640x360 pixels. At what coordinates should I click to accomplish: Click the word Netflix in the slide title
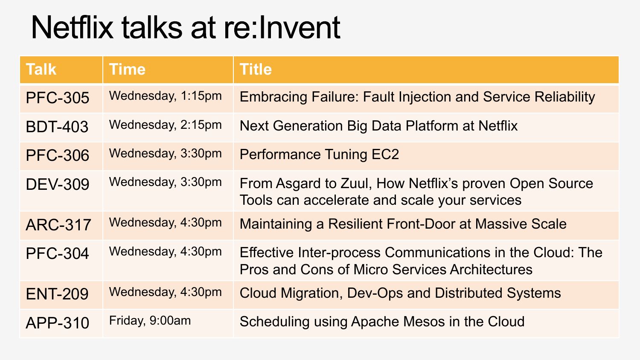point(72,27)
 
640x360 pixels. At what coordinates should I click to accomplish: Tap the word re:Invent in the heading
point(282,27)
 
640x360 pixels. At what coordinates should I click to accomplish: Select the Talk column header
point(41,69)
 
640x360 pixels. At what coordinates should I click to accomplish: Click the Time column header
point(127,69)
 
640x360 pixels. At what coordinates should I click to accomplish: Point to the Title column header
point(256,69)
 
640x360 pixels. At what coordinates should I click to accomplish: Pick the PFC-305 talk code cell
point(58,98)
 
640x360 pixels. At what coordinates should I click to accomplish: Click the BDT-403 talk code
point(57,127)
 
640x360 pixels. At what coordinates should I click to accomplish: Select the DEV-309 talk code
point(58,184)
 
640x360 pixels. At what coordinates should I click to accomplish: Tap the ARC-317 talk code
point(58,224)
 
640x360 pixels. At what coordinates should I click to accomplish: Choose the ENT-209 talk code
point(57,294)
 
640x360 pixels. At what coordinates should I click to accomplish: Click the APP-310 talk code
point(58,323)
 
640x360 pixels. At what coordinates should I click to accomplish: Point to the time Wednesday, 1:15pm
point(165,96)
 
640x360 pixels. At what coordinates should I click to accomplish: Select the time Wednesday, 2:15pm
point(165,125)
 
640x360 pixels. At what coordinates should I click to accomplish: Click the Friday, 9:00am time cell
point(150,321)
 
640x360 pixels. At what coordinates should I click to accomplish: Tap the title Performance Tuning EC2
point(319,154)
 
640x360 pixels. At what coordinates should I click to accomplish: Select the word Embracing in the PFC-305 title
point(273,97)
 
